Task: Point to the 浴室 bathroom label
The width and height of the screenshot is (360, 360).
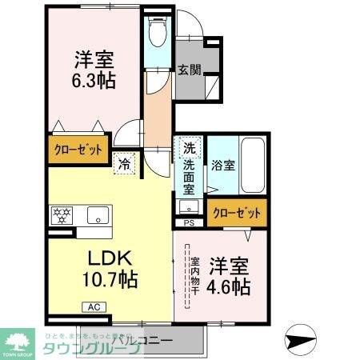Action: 223,166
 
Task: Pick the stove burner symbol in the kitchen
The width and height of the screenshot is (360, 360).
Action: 62,214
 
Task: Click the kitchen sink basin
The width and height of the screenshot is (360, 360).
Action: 98,214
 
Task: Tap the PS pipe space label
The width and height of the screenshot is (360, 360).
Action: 189,222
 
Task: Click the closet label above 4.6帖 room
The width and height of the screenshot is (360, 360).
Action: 237,213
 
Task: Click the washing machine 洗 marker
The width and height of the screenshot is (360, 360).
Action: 189,149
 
